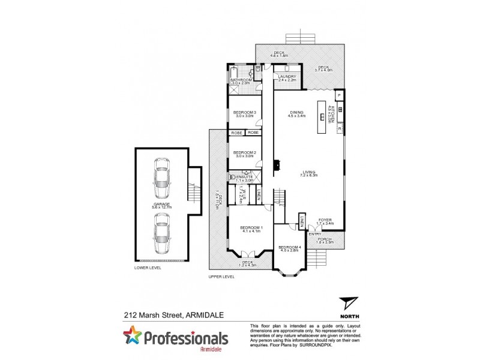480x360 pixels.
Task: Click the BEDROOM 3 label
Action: [x=245, y=112]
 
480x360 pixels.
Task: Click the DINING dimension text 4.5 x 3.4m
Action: [x=296, y=116]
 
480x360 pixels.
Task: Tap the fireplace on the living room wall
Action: [x=276, y=164]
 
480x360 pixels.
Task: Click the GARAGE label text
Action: [x=161, y=204]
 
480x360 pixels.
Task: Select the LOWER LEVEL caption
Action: [x=147, y=268]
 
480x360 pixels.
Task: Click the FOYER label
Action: [x=326, y=220]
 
